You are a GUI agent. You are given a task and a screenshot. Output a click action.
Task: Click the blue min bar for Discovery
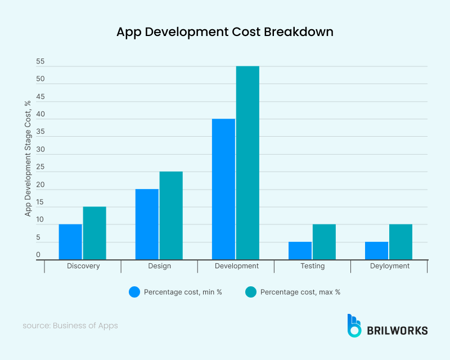pyautogui.click(x=70, y=242)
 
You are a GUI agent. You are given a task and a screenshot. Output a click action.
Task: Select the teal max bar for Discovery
pyautogui.click(x=94, y=233)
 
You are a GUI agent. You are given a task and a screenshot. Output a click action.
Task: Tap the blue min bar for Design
pyautogui.click(x=147, y=224)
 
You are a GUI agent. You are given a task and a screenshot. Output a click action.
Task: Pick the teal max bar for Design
pyautogui.click(x=171, y=215)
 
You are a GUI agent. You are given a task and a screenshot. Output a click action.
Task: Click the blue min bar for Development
pyautogui.click(x=223, y=189)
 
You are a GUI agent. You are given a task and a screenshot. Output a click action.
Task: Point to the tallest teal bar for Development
pyautogui.click(x=247, y=163)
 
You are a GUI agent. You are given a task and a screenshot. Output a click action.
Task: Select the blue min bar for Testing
pyautogui.click(x=300, y=251)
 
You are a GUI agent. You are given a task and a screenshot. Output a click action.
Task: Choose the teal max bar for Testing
pyautogui.click(x=324, y=242)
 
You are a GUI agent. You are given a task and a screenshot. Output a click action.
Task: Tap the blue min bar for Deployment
pyautogui.click(x=376, y=251)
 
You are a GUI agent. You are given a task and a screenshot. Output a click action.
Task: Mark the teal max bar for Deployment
pyautogui.click(x=400, y=242)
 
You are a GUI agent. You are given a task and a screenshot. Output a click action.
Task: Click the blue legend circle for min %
pyautogui.click(x=134, y=292)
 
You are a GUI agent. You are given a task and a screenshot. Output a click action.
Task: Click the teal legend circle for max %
pyautogui.click(x=251, y=292)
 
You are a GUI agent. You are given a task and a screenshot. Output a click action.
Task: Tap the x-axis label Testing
pyautogui.click(x=312, y=266)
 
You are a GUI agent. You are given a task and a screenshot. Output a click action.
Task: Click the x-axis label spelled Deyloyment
pyautogui.click(x=389, y=266)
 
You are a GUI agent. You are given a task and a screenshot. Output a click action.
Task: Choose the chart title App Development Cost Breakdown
pyautogui.click(x=225, y=32)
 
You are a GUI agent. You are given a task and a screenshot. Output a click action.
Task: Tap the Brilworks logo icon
pyautogui.click(x=354, y=326)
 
